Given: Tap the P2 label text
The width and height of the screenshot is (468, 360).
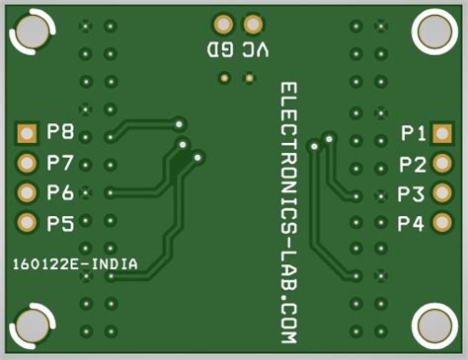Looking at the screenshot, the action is [x=413, y=164].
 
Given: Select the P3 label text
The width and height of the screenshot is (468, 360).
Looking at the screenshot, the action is [x=413, y=194].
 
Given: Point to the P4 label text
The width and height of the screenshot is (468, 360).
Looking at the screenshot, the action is [x=413, y=224].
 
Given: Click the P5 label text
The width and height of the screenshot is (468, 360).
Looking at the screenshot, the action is [x=59, y=224].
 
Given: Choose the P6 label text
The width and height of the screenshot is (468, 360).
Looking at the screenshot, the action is [x=59, y=193].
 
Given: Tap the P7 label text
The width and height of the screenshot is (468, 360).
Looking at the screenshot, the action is [x=59, y=163].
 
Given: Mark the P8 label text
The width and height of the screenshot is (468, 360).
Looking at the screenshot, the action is [x=59, y=132].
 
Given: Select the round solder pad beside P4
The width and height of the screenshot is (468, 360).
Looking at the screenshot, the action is [x=442, y=224].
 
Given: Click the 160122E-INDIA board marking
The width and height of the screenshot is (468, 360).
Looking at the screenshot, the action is [x=75, y=264].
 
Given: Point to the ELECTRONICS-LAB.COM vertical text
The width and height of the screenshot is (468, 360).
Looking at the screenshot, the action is [x=288, y=212].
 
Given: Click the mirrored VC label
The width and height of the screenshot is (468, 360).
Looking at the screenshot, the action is [x=253, y=49].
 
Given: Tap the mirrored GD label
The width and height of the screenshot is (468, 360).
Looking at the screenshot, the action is [x=220, y=49].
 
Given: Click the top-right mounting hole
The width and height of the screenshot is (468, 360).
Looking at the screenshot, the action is [x=434, y=32].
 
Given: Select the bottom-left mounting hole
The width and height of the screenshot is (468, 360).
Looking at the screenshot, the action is [x=31, y=327].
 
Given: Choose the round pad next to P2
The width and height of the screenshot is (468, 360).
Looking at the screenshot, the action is [x=442, y=164].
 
